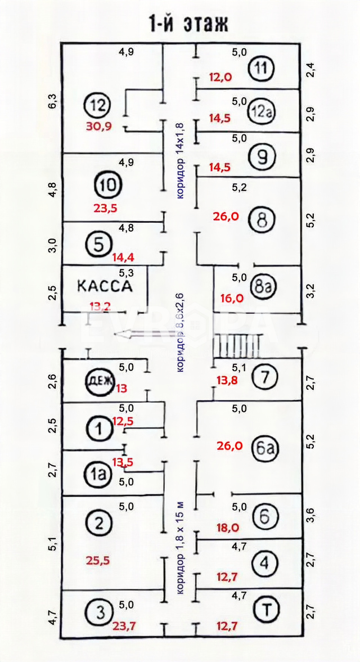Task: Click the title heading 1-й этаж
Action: [x=189, y=24]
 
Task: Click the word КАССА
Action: [x=105, y=285]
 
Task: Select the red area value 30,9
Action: [x=98, y=127]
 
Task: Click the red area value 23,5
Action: [x=105, y=207]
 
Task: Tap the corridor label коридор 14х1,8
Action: [x=179, y=160]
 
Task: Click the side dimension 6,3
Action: [x=52, y=102]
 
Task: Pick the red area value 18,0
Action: [x=229, y=528]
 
